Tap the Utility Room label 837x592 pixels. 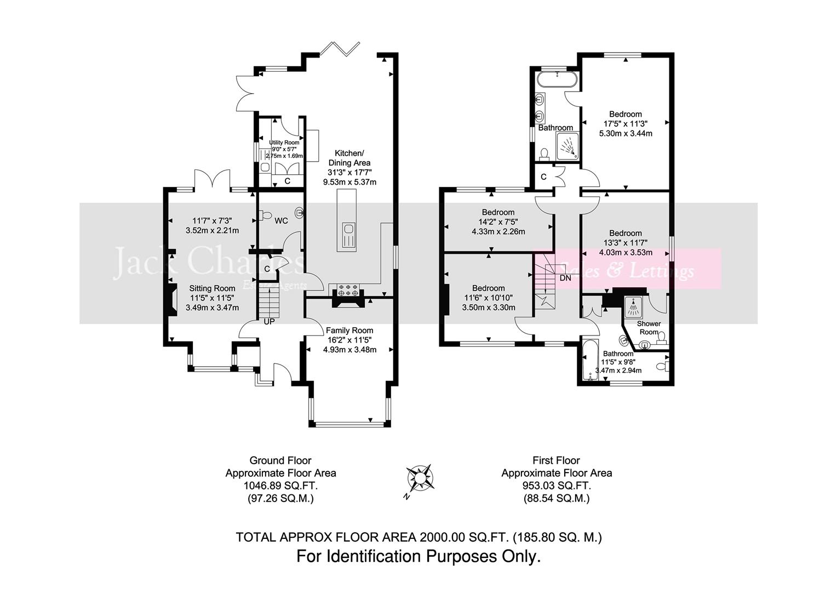(x=284, y=143)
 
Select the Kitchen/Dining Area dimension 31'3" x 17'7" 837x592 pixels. (x=349, y=172)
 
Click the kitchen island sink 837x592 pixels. (x=347, y=236)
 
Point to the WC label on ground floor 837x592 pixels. (x=281, y=221)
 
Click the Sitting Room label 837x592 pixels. (x=212, y=288)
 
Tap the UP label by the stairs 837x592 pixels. (x=269, y=322)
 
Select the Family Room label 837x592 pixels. (x=349, y=331)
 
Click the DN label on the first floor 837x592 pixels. (x=565, y=278)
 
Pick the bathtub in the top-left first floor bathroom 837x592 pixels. (x=557, y=80)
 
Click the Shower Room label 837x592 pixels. (x=649, y=327)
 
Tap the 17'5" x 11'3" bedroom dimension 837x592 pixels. (x=625, y=124)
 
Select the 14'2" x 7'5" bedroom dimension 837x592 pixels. (x=498, y=222)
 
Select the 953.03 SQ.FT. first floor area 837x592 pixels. (x=557, y=486)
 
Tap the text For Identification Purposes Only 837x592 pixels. (x=418, y=557)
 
